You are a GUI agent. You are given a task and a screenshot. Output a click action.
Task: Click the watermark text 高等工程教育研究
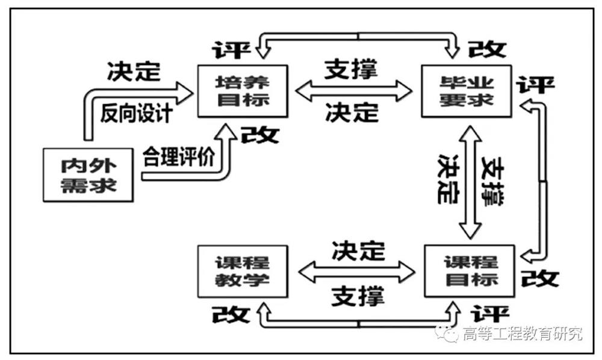click(523, 333)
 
